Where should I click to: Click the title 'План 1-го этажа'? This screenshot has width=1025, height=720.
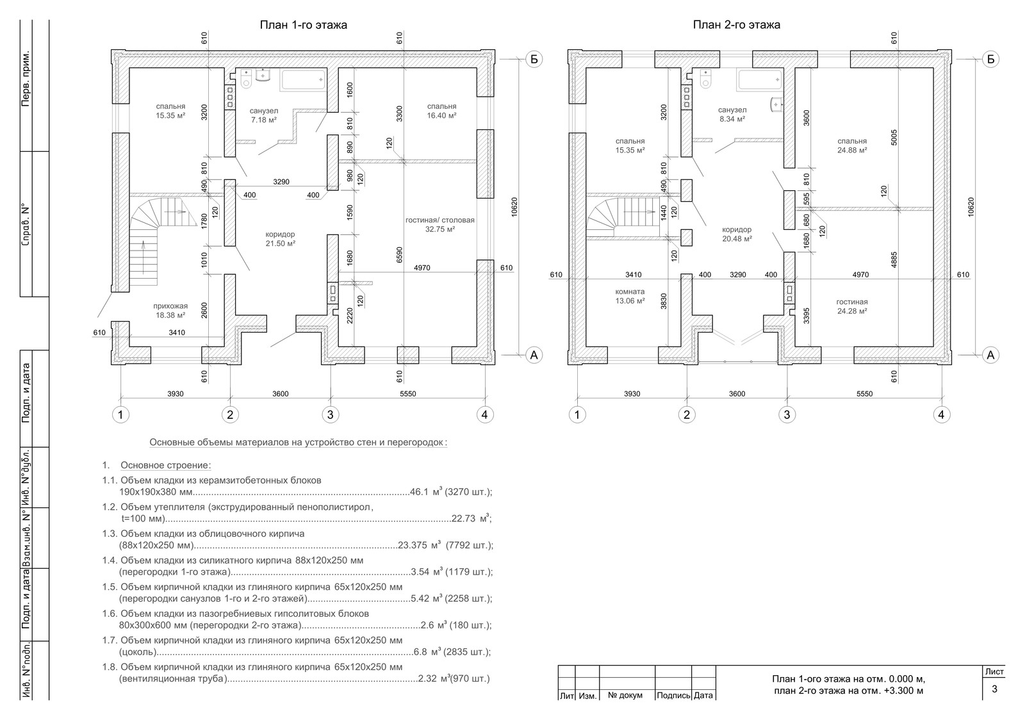click(x=303, y=26)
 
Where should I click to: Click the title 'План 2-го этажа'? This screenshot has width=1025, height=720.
click(x=736, y=26)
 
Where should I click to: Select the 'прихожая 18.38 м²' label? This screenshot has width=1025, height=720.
click(x=170, y=311)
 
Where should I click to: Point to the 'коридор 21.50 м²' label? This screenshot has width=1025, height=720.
click(x=280, y=238)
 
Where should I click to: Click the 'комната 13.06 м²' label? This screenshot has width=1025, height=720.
click(x=629, y=296)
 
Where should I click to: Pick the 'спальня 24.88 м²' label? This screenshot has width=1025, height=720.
click(x=851, y=145)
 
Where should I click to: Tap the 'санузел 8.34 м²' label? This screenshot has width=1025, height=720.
click(x=732, y=114)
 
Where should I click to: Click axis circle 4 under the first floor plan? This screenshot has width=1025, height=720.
click(x=484, y=414)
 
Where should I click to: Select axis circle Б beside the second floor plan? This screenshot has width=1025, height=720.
click(x=990, y=60)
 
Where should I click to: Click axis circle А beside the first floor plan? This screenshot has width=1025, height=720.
click(x=534, y=354)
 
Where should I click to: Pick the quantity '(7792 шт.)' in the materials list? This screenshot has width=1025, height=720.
click(x=469, y=546)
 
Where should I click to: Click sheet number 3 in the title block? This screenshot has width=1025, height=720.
click(x=994, y=689)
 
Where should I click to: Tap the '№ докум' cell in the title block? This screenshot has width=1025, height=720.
click(x=626, y=695)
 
